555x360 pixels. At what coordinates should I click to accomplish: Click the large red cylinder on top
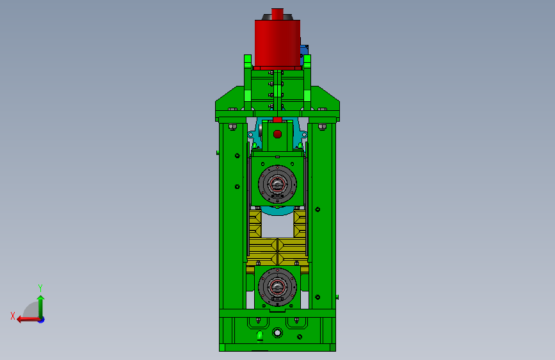tap(277, 43)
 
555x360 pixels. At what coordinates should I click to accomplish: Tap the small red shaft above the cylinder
tap(277, 14)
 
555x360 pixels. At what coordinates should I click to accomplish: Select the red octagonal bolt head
tap(278, 134)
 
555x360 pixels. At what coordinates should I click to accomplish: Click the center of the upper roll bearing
tap(277, 184)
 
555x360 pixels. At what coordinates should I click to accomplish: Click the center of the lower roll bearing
tap(277, 287)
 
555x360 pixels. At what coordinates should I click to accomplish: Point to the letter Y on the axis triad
tap(40, 288)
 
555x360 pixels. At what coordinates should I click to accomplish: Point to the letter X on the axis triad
tap(13, 316)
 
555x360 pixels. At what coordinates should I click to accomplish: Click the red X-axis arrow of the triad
tap(29, 320)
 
